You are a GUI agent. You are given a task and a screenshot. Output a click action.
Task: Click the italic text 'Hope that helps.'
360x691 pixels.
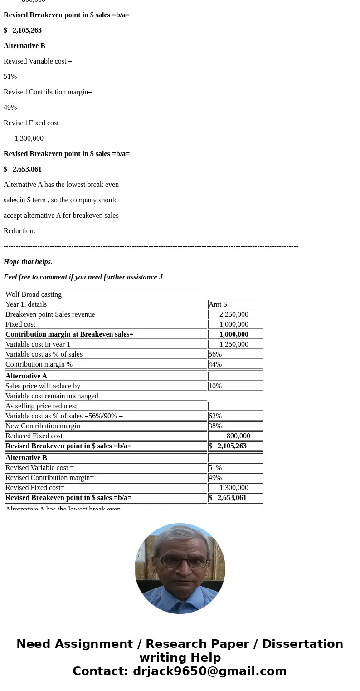[28, 262]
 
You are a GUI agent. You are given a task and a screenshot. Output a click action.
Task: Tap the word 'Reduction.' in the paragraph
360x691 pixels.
[19, 231]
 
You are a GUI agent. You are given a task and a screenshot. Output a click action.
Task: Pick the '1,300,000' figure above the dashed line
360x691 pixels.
[29, 138]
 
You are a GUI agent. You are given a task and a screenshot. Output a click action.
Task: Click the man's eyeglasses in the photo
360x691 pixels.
[180, 562]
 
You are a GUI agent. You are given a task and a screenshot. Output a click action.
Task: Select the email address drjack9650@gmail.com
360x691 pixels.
[209, 671]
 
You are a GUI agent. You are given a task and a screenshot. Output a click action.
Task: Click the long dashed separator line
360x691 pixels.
[151, 246]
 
